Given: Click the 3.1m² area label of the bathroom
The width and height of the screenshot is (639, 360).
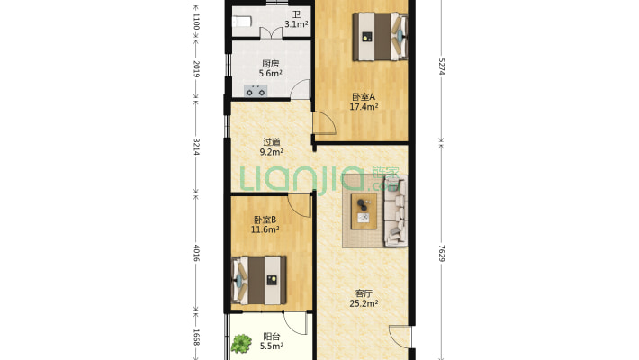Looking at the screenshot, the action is [x=296, y=24].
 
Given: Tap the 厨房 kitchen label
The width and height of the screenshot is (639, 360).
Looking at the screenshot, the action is [x=271, y=64].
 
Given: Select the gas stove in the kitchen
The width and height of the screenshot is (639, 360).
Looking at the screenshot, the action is [x=256, y=91].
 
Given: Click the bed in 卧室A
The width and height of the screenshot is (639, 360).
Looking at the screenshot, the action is [x=380, y=37].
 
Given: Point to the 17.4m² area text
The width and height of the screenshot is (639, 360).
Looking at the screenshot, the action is [x=364, y=107].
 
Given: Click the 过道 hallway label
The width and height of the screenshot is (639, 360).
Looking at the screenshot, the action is [x=272, y=142].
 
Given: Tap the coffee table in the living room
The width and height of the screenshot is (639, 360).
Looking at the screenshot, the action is [x=364, y=211].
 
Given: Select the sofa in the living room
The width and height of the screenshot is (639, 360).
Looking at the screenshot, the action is [x=395, y=211].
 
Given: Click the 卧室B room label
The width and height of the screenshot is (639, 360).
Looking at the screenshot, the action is [x=265, y=220].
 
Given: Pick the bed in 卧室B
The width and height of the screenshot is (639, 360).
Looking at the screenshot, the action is [x=259, y=280].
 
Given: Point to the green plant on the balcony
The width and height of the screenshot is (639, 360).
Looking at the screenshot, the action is [x=241, y=343].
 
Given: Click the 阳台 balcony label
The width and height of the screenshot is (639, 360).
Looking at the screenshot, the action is [x=272, y=337].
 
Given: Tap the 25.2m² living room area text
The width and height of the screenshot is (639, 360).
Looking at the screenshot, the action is [x=364, y=303].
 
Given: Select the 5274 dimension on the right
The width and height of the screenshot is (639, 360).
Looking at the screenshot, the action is [x=442, y=67].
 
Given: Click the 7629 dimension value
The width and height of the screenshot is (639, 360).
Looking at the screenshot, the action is [x=442, y=253].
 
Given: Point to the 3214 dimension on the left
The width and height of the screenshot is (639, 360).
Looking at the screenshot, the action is [x=196, y=148].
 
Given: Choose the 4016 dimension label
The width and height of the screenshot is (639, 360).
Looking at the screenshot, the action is [x=196, y=253].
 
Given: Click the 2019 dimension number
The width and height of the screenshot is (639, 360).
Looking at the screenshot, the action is [x=196, y=69].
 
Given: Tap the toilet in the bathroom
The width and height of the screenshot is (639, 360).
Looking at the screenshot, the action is [x=242, y=22].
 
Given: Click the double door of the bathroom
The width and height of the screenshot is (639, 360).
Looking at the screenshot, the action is [x=272, y=33].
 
